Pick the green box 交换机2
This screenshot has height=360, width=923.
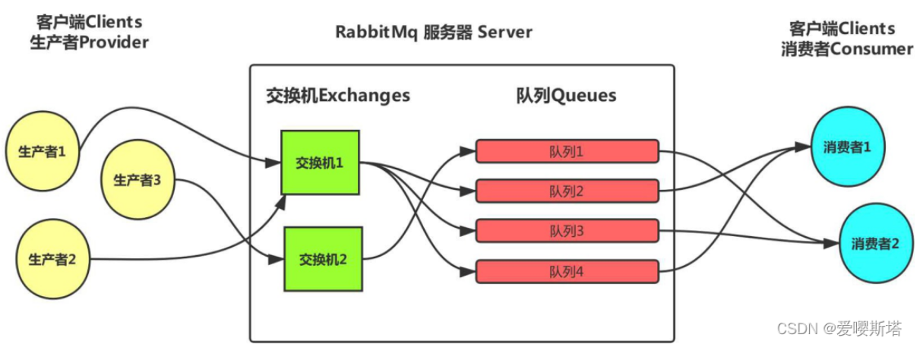tap(323, 259)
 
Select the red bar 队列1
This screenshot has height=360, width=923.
tap(566, 151)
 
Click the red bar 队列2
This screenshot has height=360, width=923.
tap(566, 191)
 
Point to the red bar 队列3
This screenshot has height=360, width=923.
tap(566, 231)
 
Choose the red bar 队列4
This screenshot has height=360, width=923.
tap(566, 271)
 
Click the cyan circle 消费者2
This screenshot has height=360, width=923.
tap(874, 244)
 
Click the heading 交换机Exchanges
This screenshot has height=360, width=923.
tap(337, 96)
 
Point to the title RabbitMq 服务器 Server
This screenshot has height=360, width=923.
tap(434, 33)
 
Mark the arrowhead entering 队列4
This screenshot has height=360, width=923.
tap(471, 270)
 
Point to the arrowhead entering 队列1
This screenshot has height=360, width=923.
tap(471, 151)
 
